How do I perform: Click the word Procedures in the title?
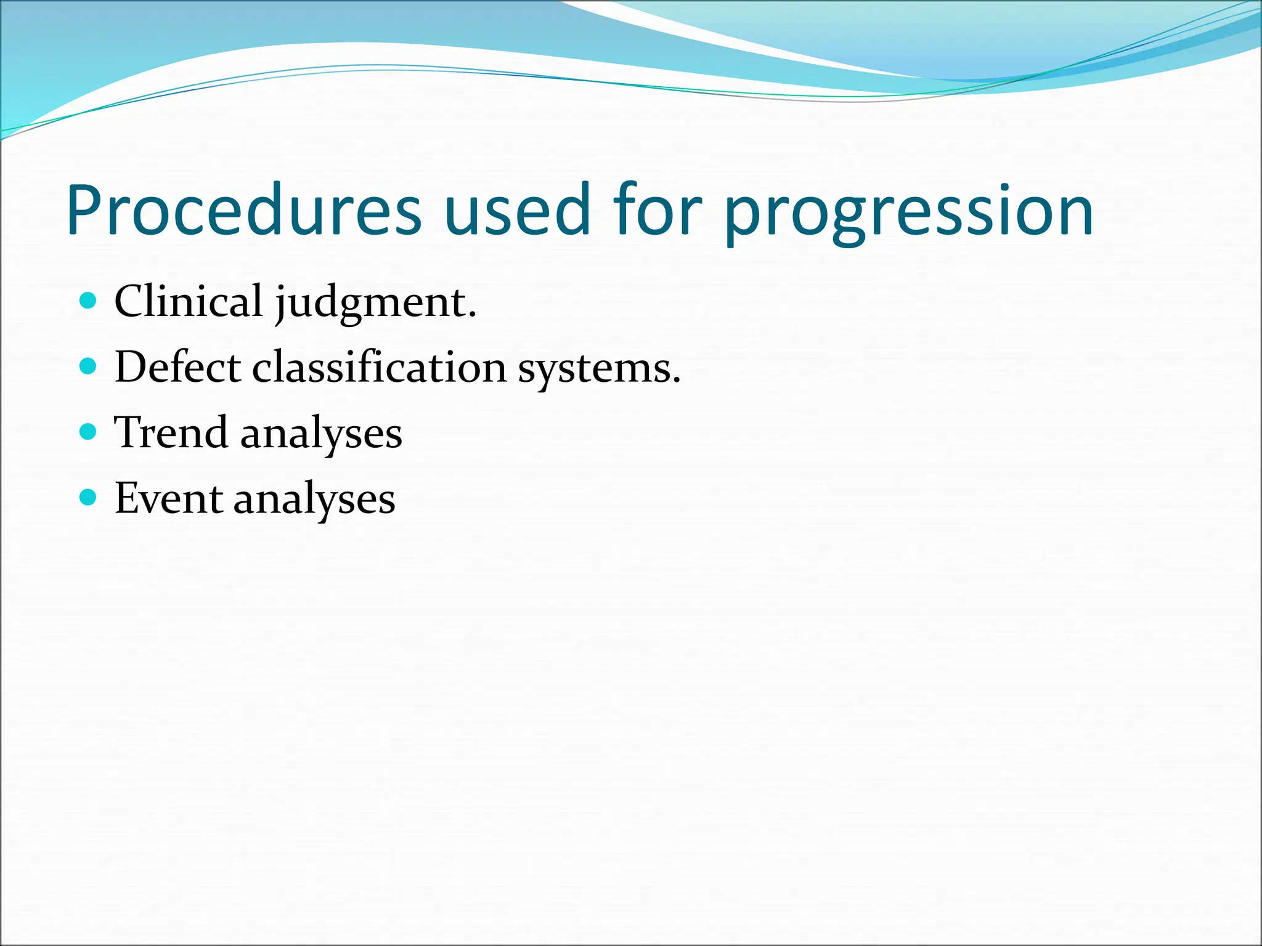pos(243,210)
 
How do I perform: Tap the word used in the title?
pos(516,210)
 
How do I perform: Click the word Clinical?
pos(189,301)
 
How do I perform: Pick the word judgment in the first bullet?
pos(372,303)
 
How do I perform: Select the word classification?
pos(379,367)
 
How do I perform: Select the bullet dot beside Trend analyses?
pos(89,432)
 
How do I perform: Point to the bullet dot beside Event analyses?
pos(89,497)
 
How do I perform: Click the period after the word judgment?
pos(473,315)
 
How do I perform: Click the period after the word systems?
pos(676,381)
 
